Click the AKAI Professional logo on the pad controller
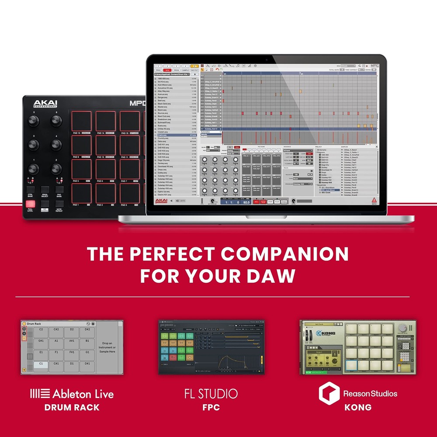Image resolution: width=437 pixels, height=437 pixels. coord(45,104)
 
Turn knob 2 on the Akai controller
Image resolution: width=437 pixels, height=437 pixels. coord(56,168)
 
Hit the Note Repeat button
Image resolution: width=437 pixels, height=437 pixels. coord(59,204)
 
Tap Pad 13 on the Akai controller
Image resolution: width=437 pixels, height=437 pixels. coord(81,121)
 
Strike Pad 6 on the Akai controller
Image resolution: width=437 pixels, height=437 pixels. coord(105,169)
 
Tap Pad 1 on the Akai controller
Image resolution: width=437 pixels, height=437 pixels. coord(81,193)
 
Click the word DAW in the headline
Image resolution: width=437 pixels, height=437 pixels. coord(273,276)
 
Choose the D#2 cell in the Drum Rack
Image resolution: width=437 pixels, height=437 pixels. coord(87,329)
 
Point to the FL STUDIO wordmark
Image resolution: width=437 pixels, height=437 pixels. coord(211,393)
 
